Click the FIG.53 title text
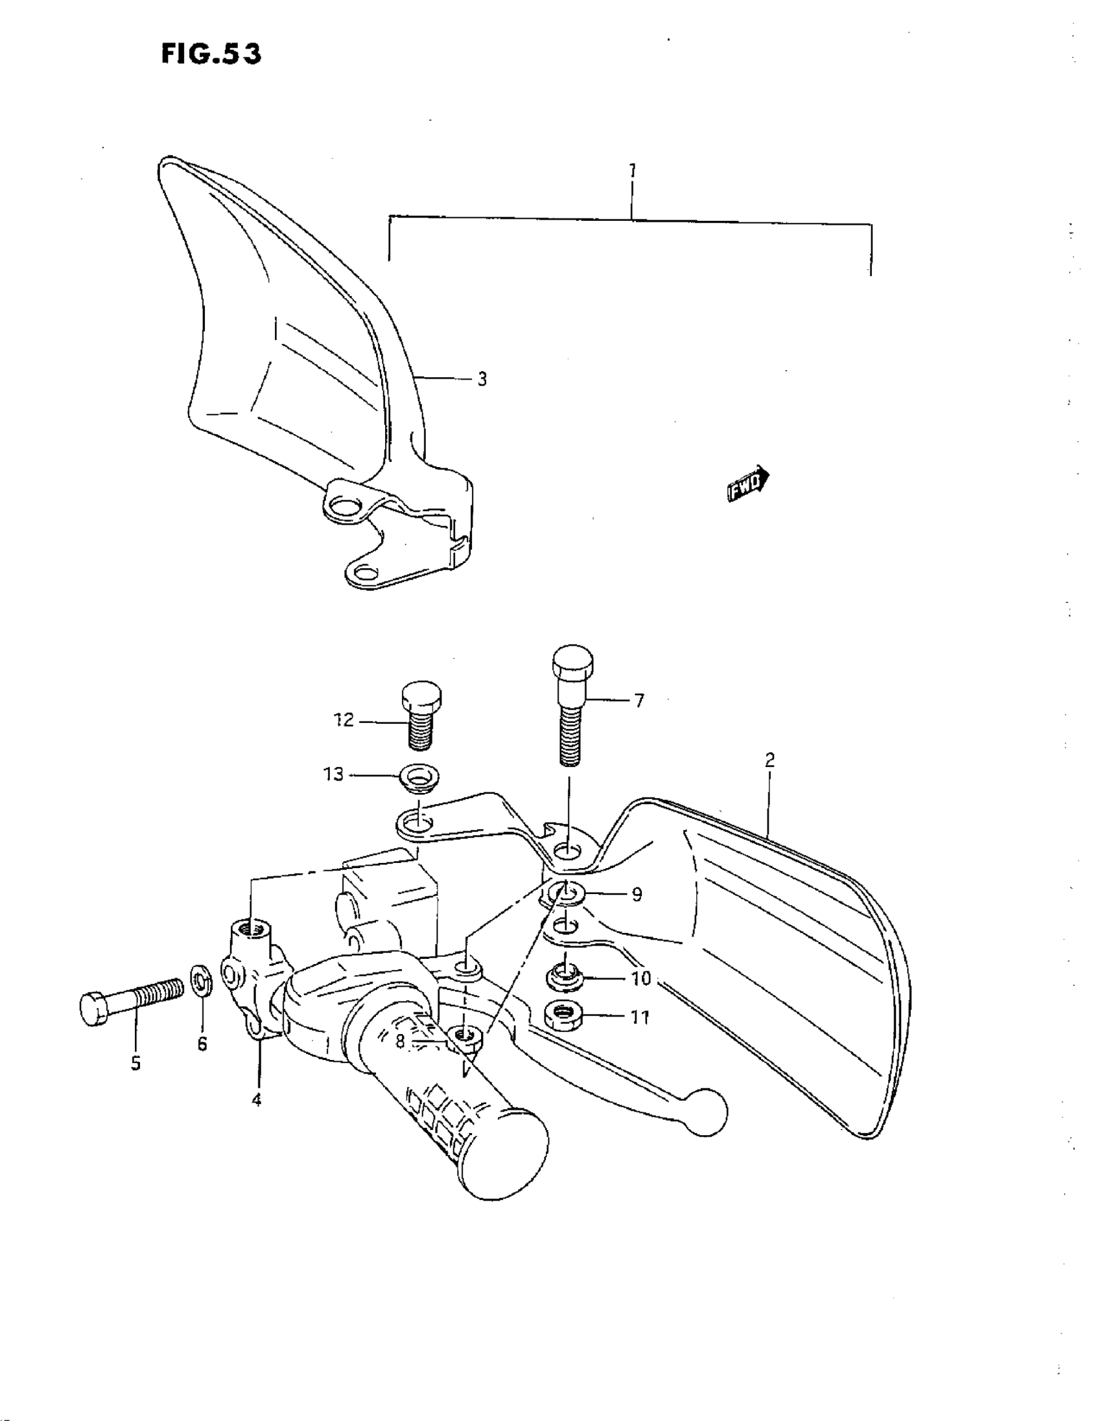coord(210,54)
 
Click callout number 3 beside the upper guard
coord(482,380)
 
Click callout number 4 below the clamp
coord(257,1099)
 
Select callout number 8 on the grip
coord(401,1041)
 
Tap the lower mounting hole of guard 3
coord(366,574)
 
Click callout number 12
coord(344,720)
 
